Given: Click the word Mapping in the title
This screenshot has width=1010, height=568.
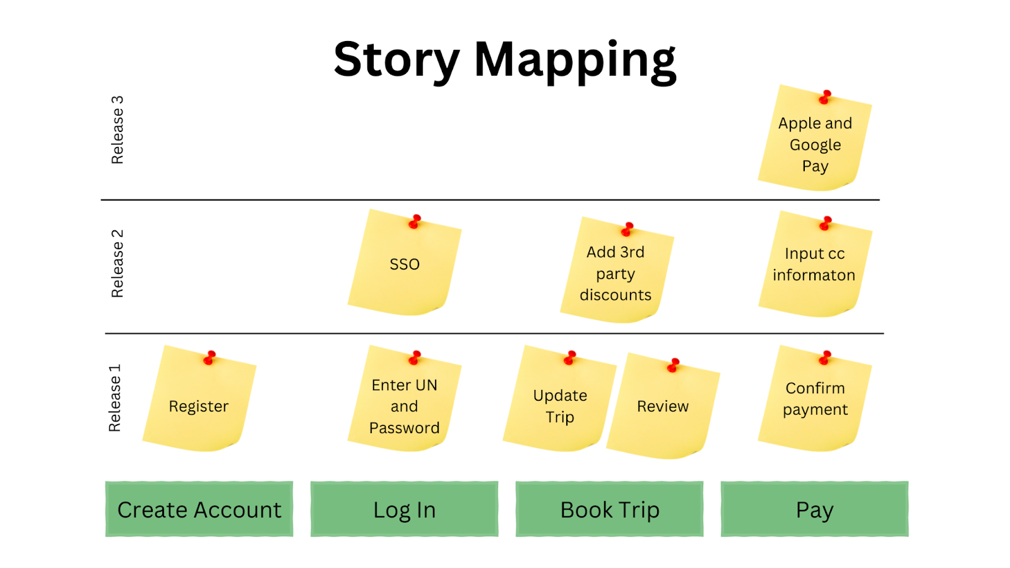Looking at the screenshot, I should pyautogui.click(x=574, y=60).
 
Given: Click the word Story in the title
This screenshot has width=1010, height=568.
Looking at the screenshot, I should pyautogui.click(x=396, y=60).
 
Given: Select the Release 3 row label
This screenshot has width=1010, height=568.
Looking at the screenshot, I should pyautogui.click(x=117, y=130).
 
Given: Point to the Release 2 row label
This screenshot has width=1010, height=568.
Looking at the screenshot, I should pyautogui.click(x=117, y=263).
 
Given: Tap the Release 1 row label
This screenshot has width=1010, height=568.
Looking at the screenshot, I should pyautogui.click(x=115, y=398).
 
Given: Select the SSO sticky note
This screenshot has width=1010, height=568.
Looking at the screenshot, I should pyautogui.click(x=404, y=264).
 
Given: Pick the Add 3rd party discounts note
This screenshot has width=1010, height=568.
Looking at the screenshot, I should pyautogui.click(x=615, y=273).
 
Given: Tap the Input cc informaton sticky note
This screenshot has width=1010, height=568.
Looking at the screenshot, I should pyautogui.click(x=814, y=265).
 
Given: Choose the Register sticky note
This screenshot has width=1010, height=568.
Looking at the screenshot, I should pyautogui.click(x=199, y=406).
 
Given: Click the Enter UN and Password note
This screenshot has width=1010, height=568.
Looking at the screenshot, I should pyautogui.click(x=404, y=406).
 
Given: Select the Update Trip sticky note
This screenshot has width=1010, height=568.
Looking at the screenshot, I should pyautogui.click(x=559, y=406).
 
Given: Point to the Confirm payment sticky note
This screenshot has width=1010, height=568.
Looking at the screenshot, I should pyautogui.click(x=815, y=399).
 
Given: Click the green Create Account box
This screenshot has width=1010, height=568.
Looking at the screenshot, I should pyautogui.click(x=199, y=509).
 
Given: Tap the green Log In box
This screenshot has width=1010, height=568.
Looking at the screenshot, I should pyautogui.click(x=404, y=509).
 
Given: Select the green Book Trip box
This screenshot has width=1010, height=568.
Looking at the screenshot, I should pyautogui.click(x=609, y=509).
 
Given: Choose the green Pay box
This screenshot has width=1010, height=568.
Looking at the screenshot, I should pyautogui.click(x=814, y=509).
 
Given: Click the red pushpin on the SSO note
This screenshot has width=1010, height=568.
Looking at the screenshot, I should pyautogui.click(x=415, y=222).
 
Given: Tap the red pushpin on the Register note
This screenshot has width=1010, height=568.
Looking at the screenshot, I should pyautogui.click(x=210, y=358).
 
